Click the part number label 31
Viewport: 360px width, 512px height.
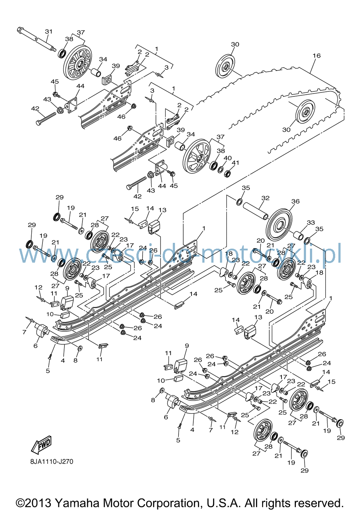point(49,31)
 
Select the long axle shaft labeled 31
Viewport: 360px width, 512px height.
point(37,39)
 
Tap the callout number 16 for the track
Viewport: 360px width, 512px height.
point(317,55)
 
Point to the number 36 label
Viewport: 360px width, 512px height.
point(296,201)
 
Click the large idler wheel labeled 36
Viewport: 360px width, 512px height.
point(279,224)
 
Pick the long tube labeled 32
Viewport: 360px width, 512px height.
point(256,211)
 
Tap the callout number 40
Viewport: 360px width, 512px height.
point(228,158)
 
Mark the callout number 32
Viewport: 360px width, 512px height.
point(265,198)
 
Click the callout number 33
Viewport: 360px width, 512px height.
point(311,222)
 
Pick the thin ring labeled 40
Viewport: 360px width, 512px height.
point(220,169)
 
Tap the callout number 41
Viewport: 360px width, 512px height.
point(235,163)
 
